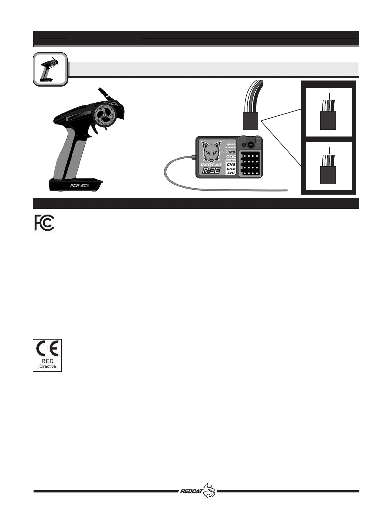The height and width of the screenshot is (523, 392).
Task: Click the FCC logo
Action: pyautogui.click(x=44, y=223)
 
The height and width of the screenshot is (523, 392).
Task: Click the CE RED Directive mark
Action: pyautogui.click(x=47, y=355)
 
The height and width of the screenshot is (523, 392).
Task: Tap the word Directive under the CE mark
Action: pyautogui.click(x=47, y=366)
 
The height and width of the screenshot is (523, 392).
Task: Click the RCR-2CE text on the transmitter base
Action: pyautogui.click(x=80, y=186)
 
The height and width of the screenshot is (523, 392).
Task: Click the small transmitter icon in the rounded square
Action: pyautogui.click(x=50, y=69)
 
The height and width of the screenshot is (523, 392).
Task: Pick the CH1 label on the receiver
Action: pyautogui.click(x=231, y=173)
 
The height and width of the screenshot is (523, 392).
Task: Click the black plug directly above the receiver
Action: pyautogui.click(x=250, y=121)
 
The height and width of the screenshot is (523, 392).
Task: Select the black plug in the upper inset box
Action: pyautogui.click(x=328, y=120)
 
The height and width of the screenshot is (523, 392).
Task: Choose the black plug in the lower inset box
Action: pyautogui.click(x=328, y=175)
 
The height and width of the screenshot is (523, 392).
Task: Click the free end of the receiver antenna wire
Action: pyautogui.click(x=286, y=190)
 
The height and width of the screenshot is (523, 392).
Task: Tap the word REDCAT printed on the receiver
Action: pyautogui.click(x=211, y=165)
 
